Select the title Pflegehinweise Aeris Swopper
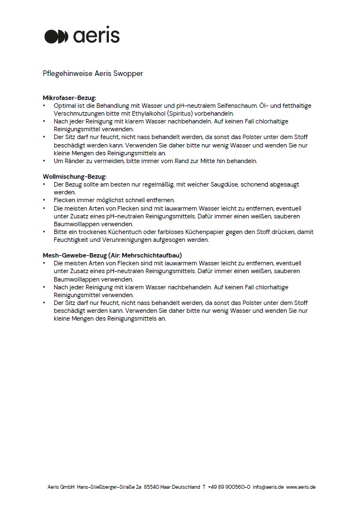click(x=93, y=73)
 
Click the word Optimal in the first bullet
click(x=63, y=105)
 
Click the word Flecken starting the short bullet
click(x=65, y=199)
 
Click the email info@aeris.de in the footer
click(x=268, y=487)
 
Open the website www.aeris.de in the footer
click(x=301, y=487)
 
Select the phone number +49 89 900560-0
click(x=228, y=487)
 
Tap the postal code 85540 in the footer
click(x=151, y=487)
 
